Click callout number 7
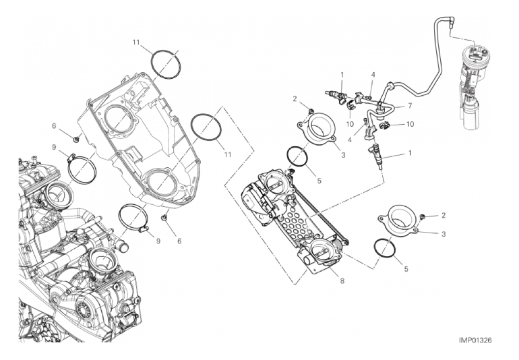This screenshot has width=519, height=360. click(x=408, y=106)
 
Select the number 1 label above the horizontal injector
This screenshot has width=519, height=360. click(x=342, y=74)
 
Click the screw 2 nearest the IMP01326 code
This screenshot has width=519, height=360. click(x=422, y=217)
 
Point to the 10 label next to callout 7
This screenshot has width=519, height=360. click(x=410, y=125)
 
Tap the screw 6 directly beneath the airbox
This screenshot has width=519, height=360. click(x=164, y=219)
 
